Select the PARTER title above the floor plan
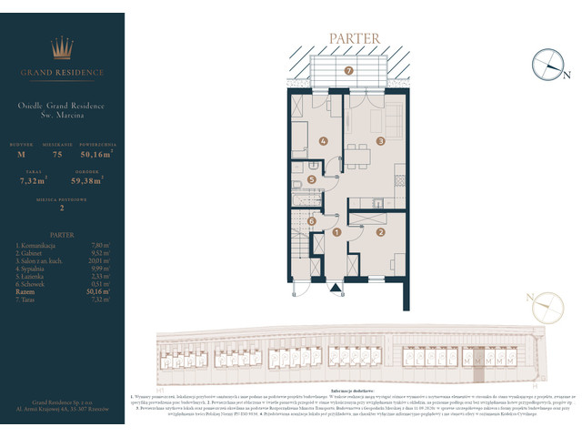pyautogui.click(x=349, y=39)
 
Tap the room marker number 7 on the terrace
pyautogui.click(x=348, y=71)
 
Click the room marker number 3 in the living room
pyautogui.click(x=381, y=141)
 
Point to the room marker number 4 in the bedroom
pyautogui.click(x=324, y=141)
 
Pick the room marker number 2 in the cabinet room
pyautogui.click(x=381, y=233)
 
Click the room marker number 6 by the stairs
pyautogui.click(x=311, y=220)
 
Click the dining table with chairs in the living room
pyautogui.click(x=358, y=153)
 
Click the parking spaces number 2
pyautogui.click(x=63, y=208)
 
